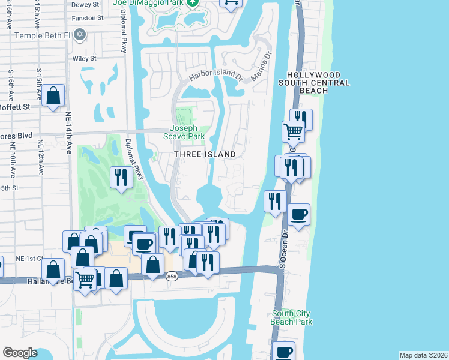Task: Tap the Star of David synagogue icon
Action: click(79, 35)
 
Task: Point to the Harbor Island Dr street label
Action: click(215, 76)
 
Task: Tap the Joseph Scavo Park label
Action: click(187, 132)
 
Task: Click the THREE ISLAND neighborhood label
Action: click(205, 154)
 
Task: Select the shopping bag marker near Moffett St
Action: click(53, 95)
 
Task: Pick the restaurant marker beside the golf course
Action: click(122, 177)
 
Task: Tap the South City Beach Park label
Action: click(292, 317)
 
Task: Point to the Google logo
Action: click(20, 353)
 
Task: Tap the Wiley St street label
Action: click(84, 59)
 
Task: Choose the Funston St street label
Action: click(83, 18)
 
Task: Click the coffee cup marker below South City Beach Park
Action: click(284, 352)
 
